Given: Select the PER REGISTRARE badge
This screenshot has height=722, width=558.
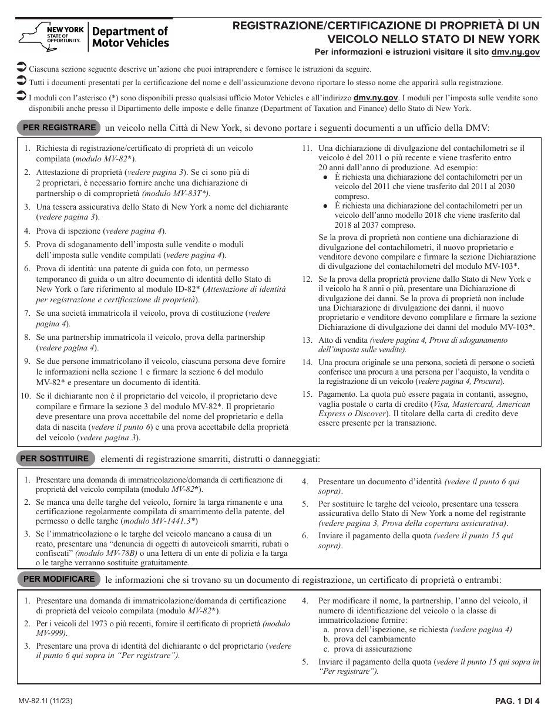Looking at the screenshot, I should click(x=59, y=127).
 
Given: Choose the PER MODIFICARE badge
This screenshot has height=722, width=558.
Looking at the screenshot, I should click(x=59, y=579).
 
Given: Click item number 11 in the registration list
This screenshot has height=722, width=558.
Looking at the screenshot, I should click(x=307, y=149).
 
